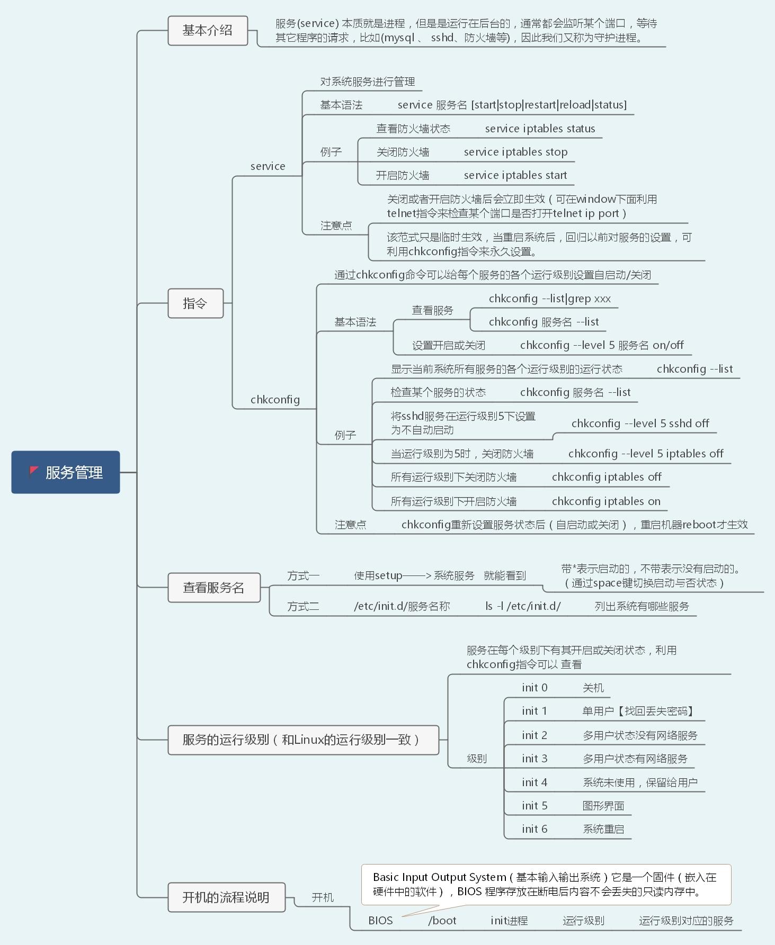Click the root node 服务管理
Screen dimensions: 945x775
coord(66,472)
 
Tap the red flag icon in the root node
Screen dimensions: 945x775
coord(34,471)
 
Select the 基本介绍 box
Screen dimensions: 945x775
coord(208,31)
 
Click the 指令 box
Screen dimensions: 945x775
coord(195,303)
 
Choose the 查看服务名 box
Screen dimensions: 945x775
coord(214,588)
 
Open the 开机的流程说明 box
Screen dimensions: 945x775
coord(226,897)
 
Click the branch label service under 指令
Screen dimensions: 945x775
coord(268,166)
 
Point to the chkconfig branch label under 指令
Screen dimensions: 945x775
coord(275,400)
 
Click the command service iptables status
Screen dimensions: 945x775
coord(540,129)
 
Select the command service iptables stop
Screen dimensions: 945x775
coord(515,152)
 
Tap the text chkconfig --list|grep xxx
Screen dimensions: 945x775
coord(549,299)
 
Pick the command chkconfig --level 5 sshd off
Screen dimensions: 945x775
coord(640,424)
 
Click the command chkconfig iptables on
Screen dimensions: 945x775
coord(606,501)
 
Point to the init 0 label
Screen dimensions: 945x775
coord(535,688)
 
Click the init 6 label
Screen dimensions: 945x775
coord(535,829)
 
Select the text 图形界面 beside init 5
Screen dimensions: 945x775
coord(603,806)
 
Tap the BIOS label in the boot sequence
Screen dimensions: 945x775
coord(380,921)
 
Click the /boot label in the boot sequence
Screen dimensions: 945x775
coord(442,921)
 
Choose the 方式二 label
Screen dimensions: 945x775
coord(303,607)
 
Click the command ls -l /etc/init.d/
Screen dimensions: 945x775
coord(523,607)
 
